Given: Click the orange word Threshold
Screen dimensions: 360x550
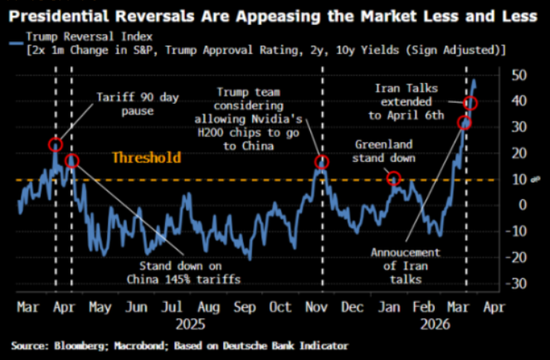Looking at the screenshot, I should (146, 158).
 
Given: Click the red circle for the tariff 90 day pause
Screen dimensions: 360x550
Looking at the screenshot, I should (56, 144).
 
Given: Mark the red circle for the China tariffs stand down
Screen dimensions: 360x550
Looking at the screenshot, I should (72, 160).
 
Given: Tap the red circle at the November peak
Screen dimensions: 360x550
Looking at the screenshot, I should (322, 163).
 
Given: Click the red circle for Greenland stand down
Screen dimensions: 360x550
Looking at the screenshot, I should (394, 178).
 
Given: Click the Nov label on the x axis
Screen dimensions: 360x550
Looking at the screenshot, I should (316, 306).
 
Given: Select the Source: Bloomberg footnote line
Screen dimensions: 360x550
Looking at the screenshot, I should (180, 344).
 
